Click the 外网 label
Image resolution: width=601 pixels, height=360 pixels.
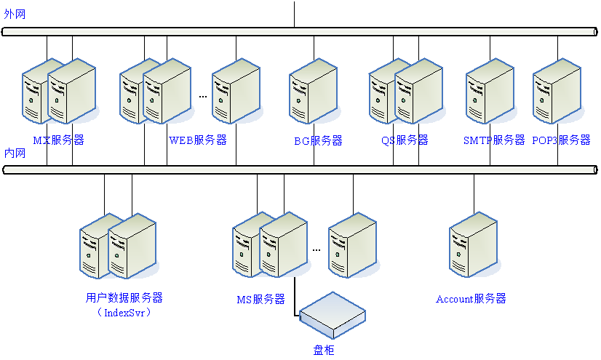pyautogui.click(x=15, y=15)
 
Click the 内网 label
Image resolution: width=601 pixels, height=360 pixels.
pyautogui.click(x=15, y=153)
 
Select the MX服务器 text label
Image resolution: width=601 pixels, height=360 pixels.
pyautogui.click(x=58, y=140)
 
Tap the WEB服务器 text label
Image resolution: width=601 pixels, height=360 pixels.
pyautogui.click(x=198, y=140)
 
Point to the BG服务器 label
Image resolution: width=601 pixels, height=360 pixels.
pyautogui.click(x=318, y=140)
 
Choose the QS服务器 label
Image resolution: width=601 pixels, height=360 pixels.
pyautogui.click(x=405, y=140)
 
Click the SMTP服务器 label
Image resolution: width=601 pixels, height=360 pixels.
pyautogui.click(x=494, y=140)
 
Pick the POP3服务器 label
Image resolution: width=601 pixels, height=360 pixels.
pyautogui.click(x=561, y=140)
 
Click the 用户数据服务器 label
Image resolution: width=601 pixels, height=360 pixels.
pyautogui.click(x=124, y=298)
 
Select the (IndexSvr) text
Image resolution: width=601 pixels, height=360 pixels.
pyautogui.click(x=124, y=313)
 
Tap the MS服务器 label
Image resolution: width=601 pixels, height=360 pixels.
pyautogui.click(x=260, y=299)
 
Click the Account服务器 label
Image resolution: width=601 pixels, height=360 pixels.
pyautogui.click(x=471, y=299)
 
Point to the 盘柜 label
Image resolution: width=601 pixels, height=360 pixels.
pyautogui.click(x=324, y=350)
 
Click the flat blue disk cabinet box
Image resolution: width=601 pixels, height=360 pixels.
pyautogui.click(x=333, y=315)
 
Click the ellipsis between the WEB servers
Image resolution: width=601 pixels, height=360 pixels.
pyautogui.click(x=203, y=96)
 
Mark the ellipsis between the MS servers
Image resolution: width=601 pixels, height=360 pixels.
pyautogui.click(x=317, y=249)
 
